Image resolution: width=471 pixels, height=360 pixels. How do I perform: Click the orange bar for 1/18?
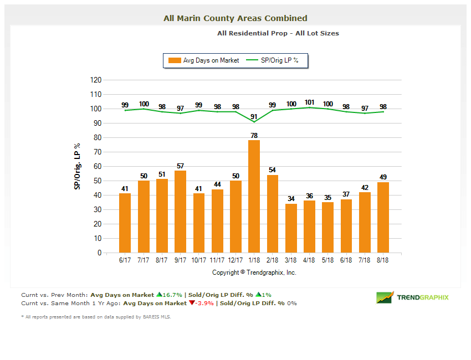[254, 197]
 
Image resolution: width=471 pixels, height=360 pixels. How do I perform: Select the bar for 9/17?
[180, 212]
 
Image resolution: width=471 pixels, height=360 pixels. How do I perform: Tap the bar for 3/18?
[291, 228]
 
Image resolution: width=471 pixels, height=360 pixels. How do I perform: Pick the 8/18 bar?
[383, 217]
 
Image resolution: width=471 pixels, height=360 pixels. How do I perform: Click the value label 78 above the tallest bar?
[254, 135]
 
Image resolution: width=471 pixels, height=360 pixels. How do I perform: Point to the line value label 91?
[254, 116]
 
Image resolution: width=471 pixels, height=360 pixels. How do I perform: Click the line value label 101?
[309, 102]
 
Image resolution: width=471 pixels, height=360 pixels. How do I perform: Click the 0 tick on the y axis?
[99, 253]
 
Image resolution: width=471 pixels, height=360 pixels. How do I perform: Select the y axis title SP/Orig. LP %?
[78, 166]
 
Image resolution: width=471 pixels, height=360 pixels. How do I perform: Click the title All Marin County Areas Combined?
[235, 18]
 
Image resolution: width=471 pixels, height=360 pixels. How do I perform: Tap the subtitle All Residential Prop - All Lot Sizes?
[278, 33]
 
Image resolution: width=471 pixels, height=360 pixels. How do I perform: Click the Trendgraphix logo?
[413, 297]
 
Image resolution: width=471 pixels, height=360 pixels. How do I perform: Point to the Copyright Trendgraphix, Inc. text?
[254, 272]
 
